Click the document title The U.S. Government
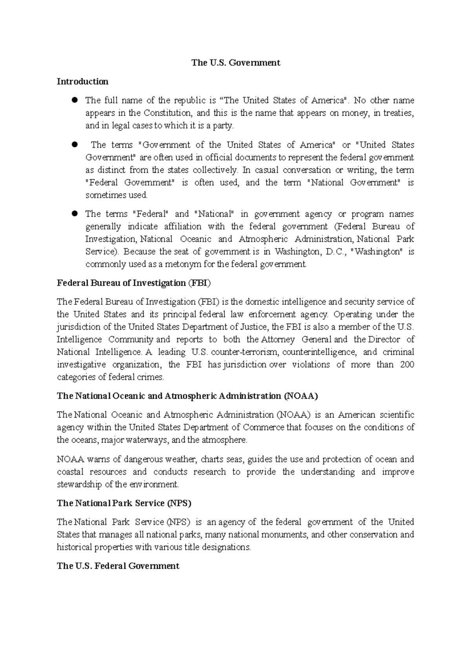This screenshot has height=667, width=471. pos(235,62)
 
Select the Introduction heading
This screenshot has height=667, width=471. pos(82,81)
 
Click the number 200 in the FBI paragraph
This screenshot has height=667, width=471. pos(407,365)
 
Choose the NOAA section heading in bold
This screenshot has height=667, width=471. pos(187,396)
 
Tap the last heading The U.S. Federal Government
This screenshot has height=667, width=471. pos(118,566)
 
